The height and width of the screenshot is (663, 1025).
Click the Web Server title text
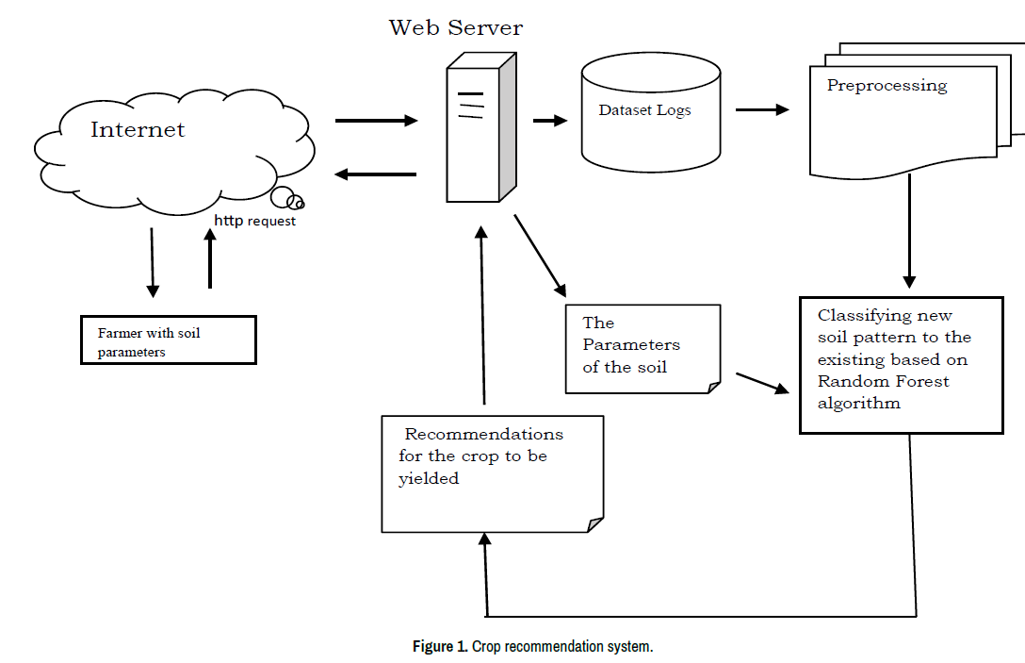click(x=456, y=27)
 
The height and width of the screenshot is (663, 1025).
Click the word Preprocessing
click(x=887, y=86)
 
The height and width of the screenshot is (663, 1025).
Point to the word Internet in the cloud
click(x=138, y=130)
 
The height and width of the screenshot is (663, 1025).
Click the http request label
click(x=254, y=221)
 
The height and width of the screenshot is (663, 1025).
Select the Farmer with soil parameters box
click(x=168, y=340)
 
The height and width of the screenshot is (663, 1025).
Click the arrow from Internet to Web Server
click(x=376, y=121)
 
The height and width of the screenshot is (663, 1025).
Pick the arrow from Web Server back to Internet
click(x=376, y=174)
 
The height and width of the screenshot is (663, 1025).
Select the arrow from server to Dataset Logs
click(x=550, y=121)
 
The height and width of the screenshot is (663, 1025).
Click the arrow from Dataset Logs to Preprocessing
click(x=761, y=109)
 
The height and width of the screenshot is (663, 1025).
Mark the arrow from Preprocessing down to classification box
click(x=909, y=232)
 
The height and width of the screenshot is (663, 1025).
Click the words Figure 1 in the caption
click(x=439, y=647)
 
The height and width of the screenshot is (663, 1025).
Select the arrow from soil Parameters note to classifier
click(x=761, y=383)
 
